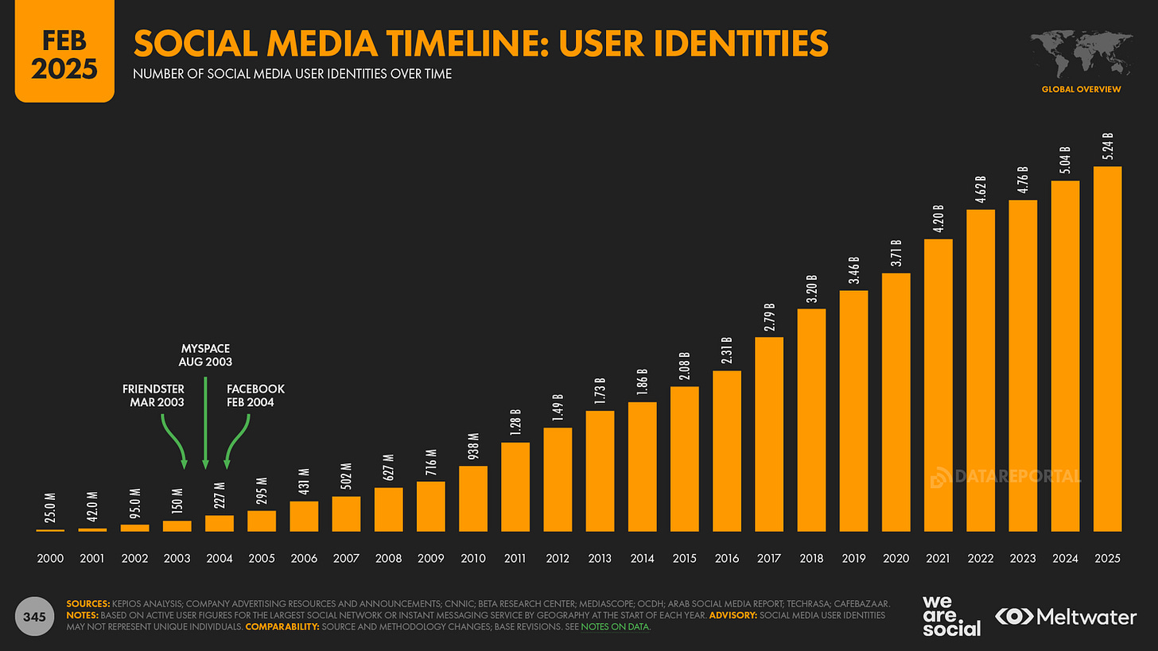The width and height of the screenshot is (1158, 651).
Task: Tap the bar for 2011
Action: (x=515, y=486)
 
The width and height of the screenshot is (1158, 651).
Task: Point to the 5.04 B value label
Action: (x=1065, y=160)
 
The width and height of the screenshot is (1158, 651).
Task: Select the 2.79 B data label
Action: (x=769, y=316)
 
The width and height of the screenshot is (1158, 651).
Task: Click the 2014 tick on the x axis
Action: (x=642, y=558)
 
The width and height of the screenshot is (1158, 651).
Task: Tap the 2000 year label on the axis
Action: (x=50, y=558)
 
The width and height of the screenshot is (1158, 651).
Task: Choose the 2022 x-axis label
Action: (x=981, y=558)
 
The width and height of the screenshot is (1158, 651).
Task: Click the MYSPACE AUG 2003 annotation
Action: (x=206, y=355)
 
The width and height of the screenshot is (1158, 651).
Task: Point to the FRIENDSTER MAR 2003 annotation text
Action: (x=153, y=395)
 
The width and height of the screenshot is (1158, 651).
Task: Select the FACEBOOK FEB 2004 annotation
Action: (x=255, y=395)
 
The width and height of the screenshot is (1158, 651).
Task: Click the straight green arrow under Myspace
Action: (x=206, y=421)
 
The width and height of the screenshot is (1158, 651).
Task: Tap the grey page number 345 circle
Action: (x=34, y=616)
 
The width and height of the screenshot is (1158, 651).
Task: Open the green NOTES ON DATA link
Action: (x=615, y=627)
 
